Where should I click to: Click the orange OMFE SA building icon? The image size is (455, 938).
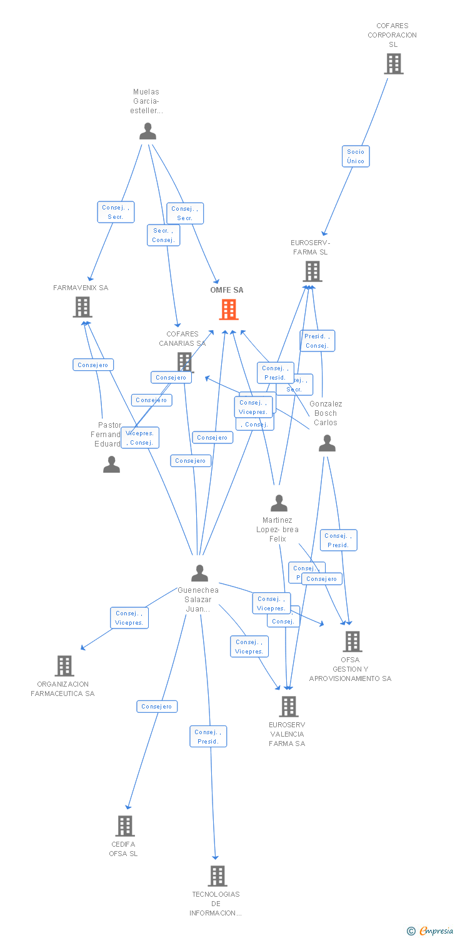click(229, 309)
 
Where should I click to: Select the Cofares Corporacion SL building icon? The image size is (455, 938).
click(393, 64)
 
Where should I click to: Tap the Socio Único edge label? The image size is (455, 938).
click(356, 156)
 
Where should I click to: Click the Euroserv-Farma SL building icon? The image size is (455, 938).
click(312, 271)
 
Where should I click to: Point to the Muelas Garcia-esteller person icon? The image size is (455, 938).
click(147, 131)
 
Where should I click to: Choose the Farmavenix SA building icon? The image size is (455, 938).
click(82, 307)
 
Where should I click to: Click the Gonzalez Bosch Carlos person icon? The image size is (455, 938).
click(327, 443)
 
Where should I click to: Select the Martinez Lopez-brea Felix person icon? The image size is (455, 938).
click(279, 503)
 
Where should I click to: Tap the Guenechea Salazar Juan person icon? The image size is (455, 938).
click(199, 573)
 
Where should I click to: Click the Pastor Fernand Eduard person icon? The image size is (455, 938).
click(111, 465)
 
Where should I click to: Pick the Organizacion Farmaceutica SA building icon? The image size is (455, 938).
click(64, 666)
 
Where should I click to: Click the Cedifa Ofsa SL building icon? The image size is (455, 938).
click(124, 826)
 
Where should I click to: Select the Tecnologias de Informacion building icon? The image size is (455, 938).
click(217, 876)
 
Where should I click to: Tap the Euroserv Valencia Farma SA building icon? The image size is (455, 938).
click(288, 707)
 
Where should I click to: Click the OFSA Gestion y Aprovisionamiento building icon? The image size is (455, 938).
click(352, 642)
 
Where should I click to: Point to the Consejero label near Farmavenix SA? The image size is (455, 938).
click(93, 365)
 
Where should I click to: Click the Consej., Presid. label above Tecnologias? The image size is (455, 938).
click(208, 737)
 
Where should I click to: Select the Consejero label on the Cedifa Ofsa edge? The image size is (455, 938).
click(157, 707)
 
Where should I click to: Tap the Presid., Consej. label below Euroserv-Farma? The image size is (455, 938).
click(317, 341)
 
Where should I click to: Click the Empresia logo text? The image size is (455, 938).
click(436, 930)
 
